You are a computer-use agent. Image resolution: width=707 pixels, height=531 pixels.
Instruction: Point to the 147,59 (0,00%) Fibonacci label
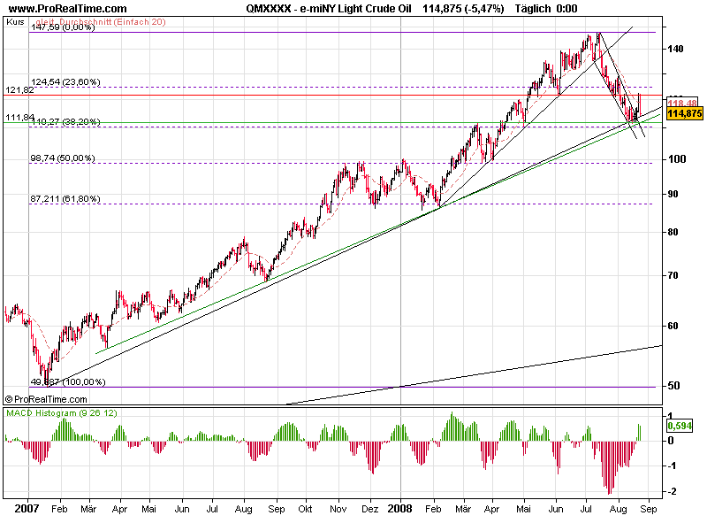(x=62, y=27)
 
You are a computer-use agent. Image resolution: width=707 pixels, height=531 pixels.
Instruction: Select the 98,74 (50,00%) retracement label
(x=63, y=158)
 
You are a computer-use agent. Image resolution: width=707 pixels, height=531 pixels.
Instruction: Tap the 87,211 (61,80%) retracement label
(x=65, y=199)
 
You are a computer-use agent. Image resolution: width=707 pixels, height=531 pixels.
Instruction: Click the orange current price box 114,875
(x=684, y=113)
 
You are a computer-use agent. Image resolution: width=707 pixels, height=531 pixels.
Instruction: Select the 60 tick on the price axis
(x=675, y=326)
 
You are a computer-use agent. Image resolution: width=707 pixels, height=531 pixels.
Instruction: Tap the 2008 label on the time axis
(x=401, y=510)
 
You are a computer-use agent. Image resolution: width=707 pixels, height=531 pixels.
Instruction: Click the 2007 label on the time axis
(x=28, y=510)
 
